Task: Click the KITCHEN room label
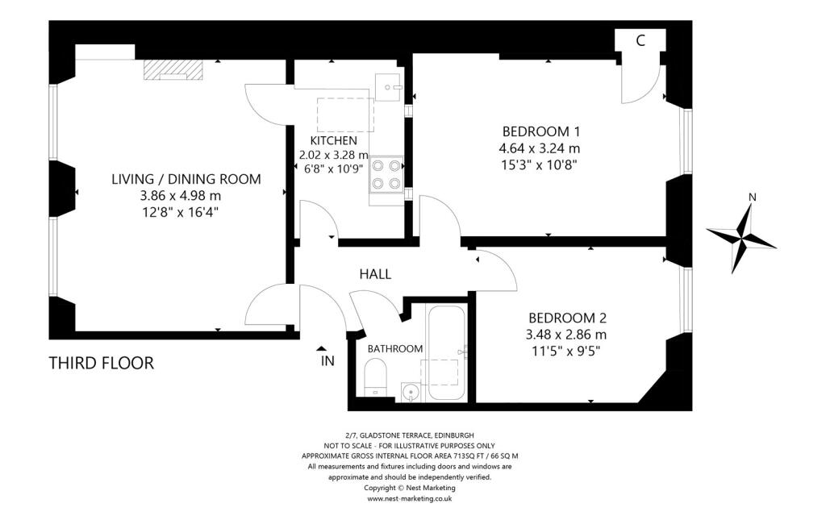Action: tap(333, 140)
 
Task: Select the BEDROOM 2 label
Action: tap(567, 318)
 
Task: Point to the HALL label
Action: tap(375, 274)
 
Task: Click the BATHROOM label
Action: tap(395, 348)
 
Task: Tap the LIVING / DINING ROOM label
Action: tap(186, 179)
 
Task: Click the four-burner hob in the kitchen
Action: tap(386, 174)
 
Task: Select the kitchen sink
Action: tap(389, 86)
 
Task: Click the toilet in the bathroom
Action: tap(376, 377)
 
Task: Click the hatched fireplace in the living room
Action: tap(173, 70)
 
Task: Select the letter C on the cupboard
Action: tap(640, 40)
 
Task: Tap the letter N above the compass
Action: tap(753, 197)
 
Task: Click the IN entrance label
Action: tap(327, 361)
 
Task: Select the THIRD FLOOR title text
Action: tap(102, 364)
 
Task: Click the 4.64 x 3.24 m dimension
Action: tap(541, 148)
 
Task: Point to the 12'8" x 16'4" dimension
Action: tap(180, 212)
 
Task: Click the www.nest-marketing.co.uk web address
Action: tap(409, 498)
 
